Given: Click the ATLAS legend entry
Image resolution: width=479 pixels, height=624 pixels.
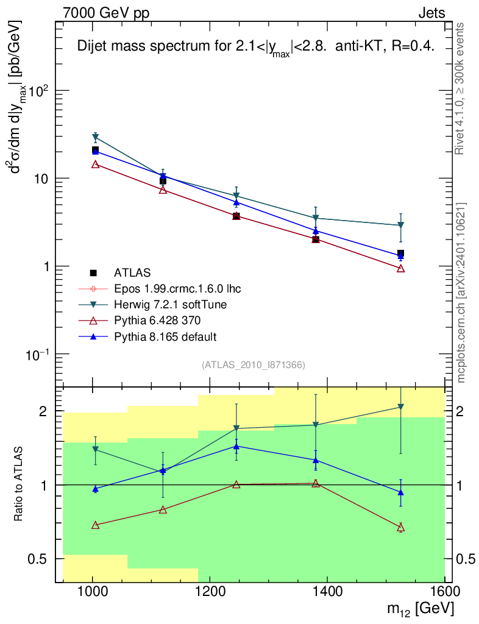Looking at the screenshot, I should pyautogui.click(x=132, y=272).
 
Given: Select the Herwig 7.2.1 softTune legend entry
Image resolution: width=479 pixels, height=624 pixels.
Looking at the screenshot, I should pyautogui.click(x=166, y=304).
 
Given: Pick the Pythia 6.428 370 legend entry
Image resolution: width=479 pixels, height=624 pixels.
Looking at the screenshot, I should pyautogui.click(x=157, y=320).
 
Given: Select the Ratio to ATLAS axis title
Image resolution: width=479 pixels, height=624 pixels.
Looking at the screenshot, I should pyautogui.click(x=20, y=484).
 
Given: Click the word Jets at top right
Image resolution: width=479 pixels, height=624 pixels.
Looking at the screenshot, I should pyautogui.click(x=431, y=13).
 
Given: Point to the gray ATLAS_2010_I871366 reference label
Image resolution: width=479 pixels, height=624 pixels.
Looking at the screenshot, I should pyautogui.click(x=253, y=364).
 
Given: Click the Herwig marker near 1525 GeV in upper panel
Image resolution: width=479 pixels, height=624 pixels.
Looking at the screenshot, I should pyautogui.click(x=400, y=225).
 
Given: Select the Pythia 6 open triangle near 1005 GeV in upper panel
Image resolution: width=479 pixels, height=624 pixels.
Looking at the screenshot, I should pyautogui.click(x=95, y=164).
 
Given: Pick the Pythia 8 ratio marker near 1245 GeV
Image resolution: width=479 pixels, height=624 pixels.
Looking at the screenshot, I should pyautogui.click(x=236, y=446).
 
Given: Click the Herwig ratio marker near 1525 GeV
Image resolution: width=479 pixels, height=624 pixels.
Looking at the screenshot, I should pyautogui.click(x=400, y=407).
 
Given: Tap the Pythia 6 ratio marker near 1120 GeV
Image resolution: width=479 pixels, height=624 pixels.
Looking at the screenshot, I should pyautogui.click(x=163, y=509).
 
